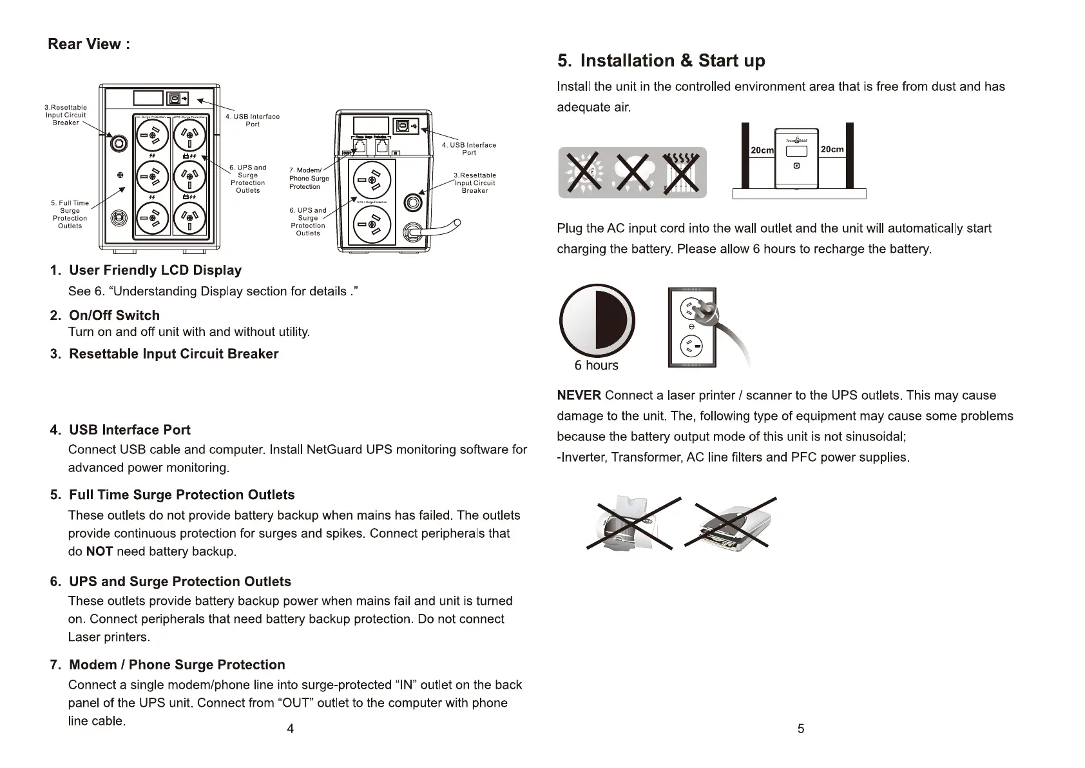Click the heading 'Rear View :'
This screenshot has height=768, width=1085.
tap(89, 44)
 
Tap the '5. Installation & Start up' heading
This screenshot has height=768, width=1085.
tap(661, 61)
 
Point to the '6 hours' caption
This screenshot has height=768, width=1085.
tap(596, 366)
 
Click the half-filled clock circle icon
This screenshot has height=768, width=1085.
tap(597, 320)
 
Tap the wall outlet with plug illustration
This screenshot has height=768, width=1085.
tap(693, 328)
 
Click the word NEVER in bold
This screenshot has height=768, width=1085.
tap(579, 395)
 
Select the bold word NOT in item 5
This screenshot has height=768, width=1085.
tap(99, 552)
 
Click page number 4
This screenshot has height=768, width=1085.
tap(291, 729)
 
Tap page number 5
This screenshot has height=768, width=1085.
tap(801, 729)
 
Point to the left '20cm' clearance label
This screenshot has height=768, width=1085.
tap(762, 150)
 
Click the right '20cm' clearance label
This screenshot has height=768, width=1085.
tap(832, 150)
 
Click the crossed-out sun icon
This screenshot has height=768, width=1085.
tap(584, 172)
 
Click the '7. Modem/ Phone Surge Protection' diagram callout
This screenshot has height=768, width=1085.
tap(309, 179)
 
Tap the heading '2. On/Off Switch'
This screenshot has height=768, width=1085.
tap(114, 315)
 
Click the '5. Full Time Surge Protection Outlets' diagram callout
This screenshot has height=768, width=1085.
tap(70, 215)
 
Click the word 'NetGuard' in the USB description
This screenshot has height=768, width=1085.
tap(334, 449)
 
